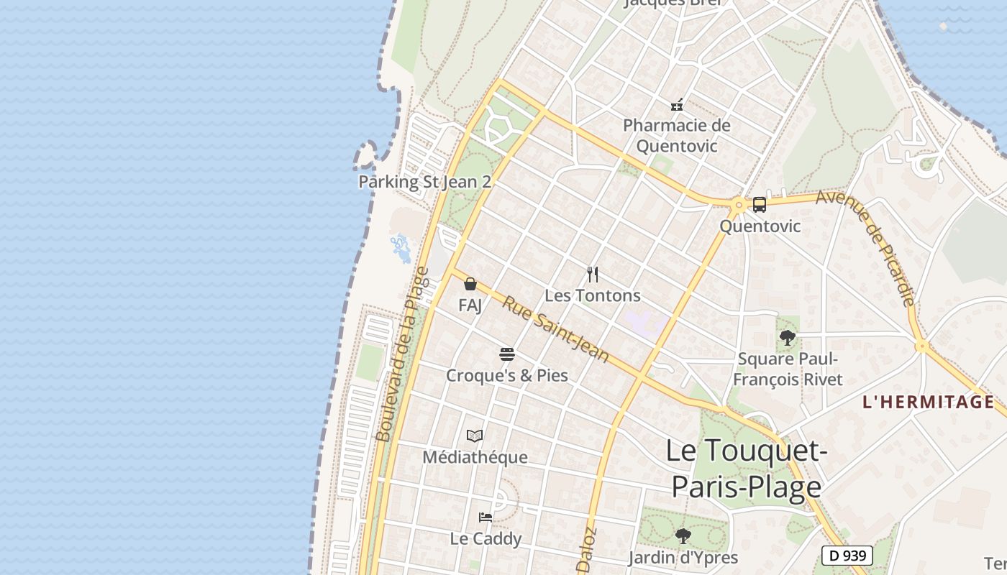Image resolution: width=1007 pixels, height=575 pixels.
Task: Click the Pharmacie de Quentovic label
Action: [676, 135]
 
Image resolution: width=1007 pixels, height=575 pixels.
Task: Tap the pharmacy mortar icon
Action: [676, 105]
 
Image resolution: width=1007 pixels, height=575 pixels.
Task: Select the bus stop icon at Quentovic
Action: [760, 205]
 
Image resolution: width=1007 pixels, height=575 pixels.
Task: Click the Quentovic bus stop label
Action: [760, 226]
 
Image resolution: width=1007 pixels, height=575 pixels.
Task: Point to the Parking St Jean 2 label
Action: [424, 182]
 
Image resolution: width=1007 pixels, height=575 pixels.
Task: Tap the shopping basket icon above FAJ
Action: [470, 284]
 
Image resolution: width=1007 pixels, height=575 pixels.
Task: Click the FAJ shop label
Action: [470, 305]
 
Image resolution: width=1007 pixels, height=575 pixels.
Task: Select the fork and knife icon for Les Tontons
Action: [593, 274]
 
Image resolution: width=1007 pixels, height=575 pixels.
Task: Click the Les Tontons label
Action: [593, 295]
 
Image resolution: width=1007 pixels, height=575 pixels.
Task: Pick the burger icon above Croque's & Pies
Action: [507, 354]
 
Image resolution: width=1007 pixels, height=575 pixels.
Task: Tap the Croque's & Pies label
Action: [507, 376]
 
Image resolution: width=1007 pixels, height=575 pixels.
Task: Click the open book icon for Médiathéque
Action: [475, 436]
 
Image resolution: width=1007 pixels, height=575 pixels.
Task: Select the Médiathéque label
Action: [475, 457]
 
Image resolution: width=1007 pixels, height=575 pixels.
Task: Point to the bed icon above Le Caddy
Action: [486, 517]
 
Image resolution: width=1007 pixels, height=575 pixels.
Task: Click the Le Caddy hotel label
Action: [486, 538]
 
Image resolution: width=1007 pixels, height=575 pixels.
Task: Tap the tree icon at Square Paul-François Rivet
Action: [788, 337]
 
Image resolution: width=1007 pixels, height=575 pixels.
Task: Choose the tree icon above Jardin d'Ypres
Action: [683, 535]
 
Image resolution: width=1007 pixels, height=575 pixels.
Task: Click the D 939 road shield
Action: [847, 556]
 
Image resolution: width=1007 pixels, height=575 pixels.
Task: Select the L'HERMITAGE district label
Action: [928, 402]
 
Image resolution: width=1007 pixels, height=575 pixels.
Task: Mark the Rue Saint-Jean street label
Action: [555, 330]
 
